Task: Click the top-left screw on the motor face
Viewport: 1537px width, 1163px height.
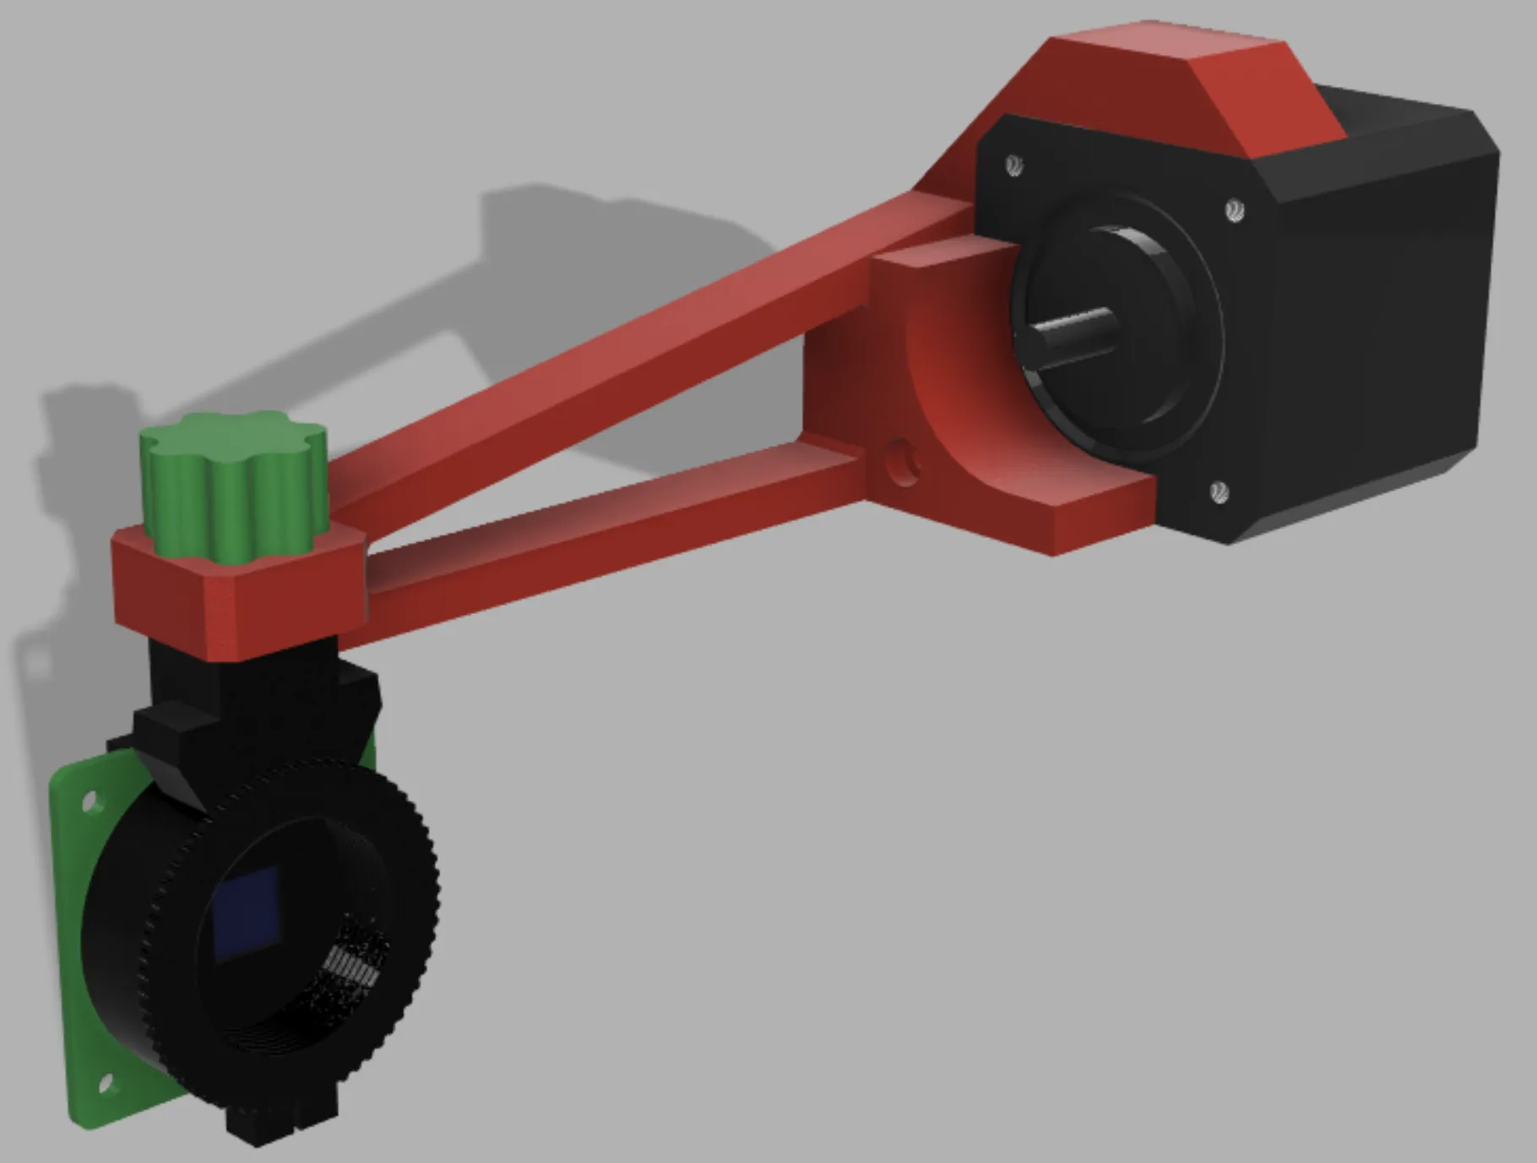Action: coord(1014,164)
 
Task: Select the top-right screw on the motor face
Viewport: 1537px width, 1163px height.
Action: coord(1234,209)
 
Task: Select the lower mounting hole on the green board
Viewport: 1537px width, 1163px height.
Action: coord(106,1082)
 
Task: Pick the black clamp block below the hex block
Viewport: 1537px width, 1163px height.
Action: coord(253,701)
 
